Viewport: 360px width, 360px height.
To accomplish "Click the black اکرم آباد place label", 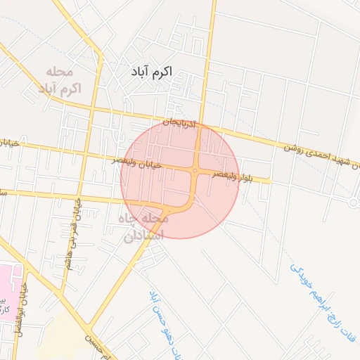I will click(151, 72).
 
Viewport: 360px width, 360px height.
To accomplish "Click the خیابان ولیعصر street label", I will click(138, 162).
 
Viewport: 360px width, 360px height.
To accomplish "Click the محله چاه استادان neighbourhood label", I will click(145, 227).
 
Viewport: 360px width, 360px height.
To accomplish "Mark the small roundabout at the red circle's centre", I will click(195, 171).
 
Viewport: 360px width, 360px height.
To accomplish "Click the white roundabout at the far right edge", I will click(354, 201).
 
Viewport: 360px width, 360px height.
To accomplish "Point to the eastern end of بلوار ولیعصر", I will click(269, 181).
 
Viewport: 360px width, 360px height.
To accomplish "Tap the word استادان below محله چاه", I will click(143, 236).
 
